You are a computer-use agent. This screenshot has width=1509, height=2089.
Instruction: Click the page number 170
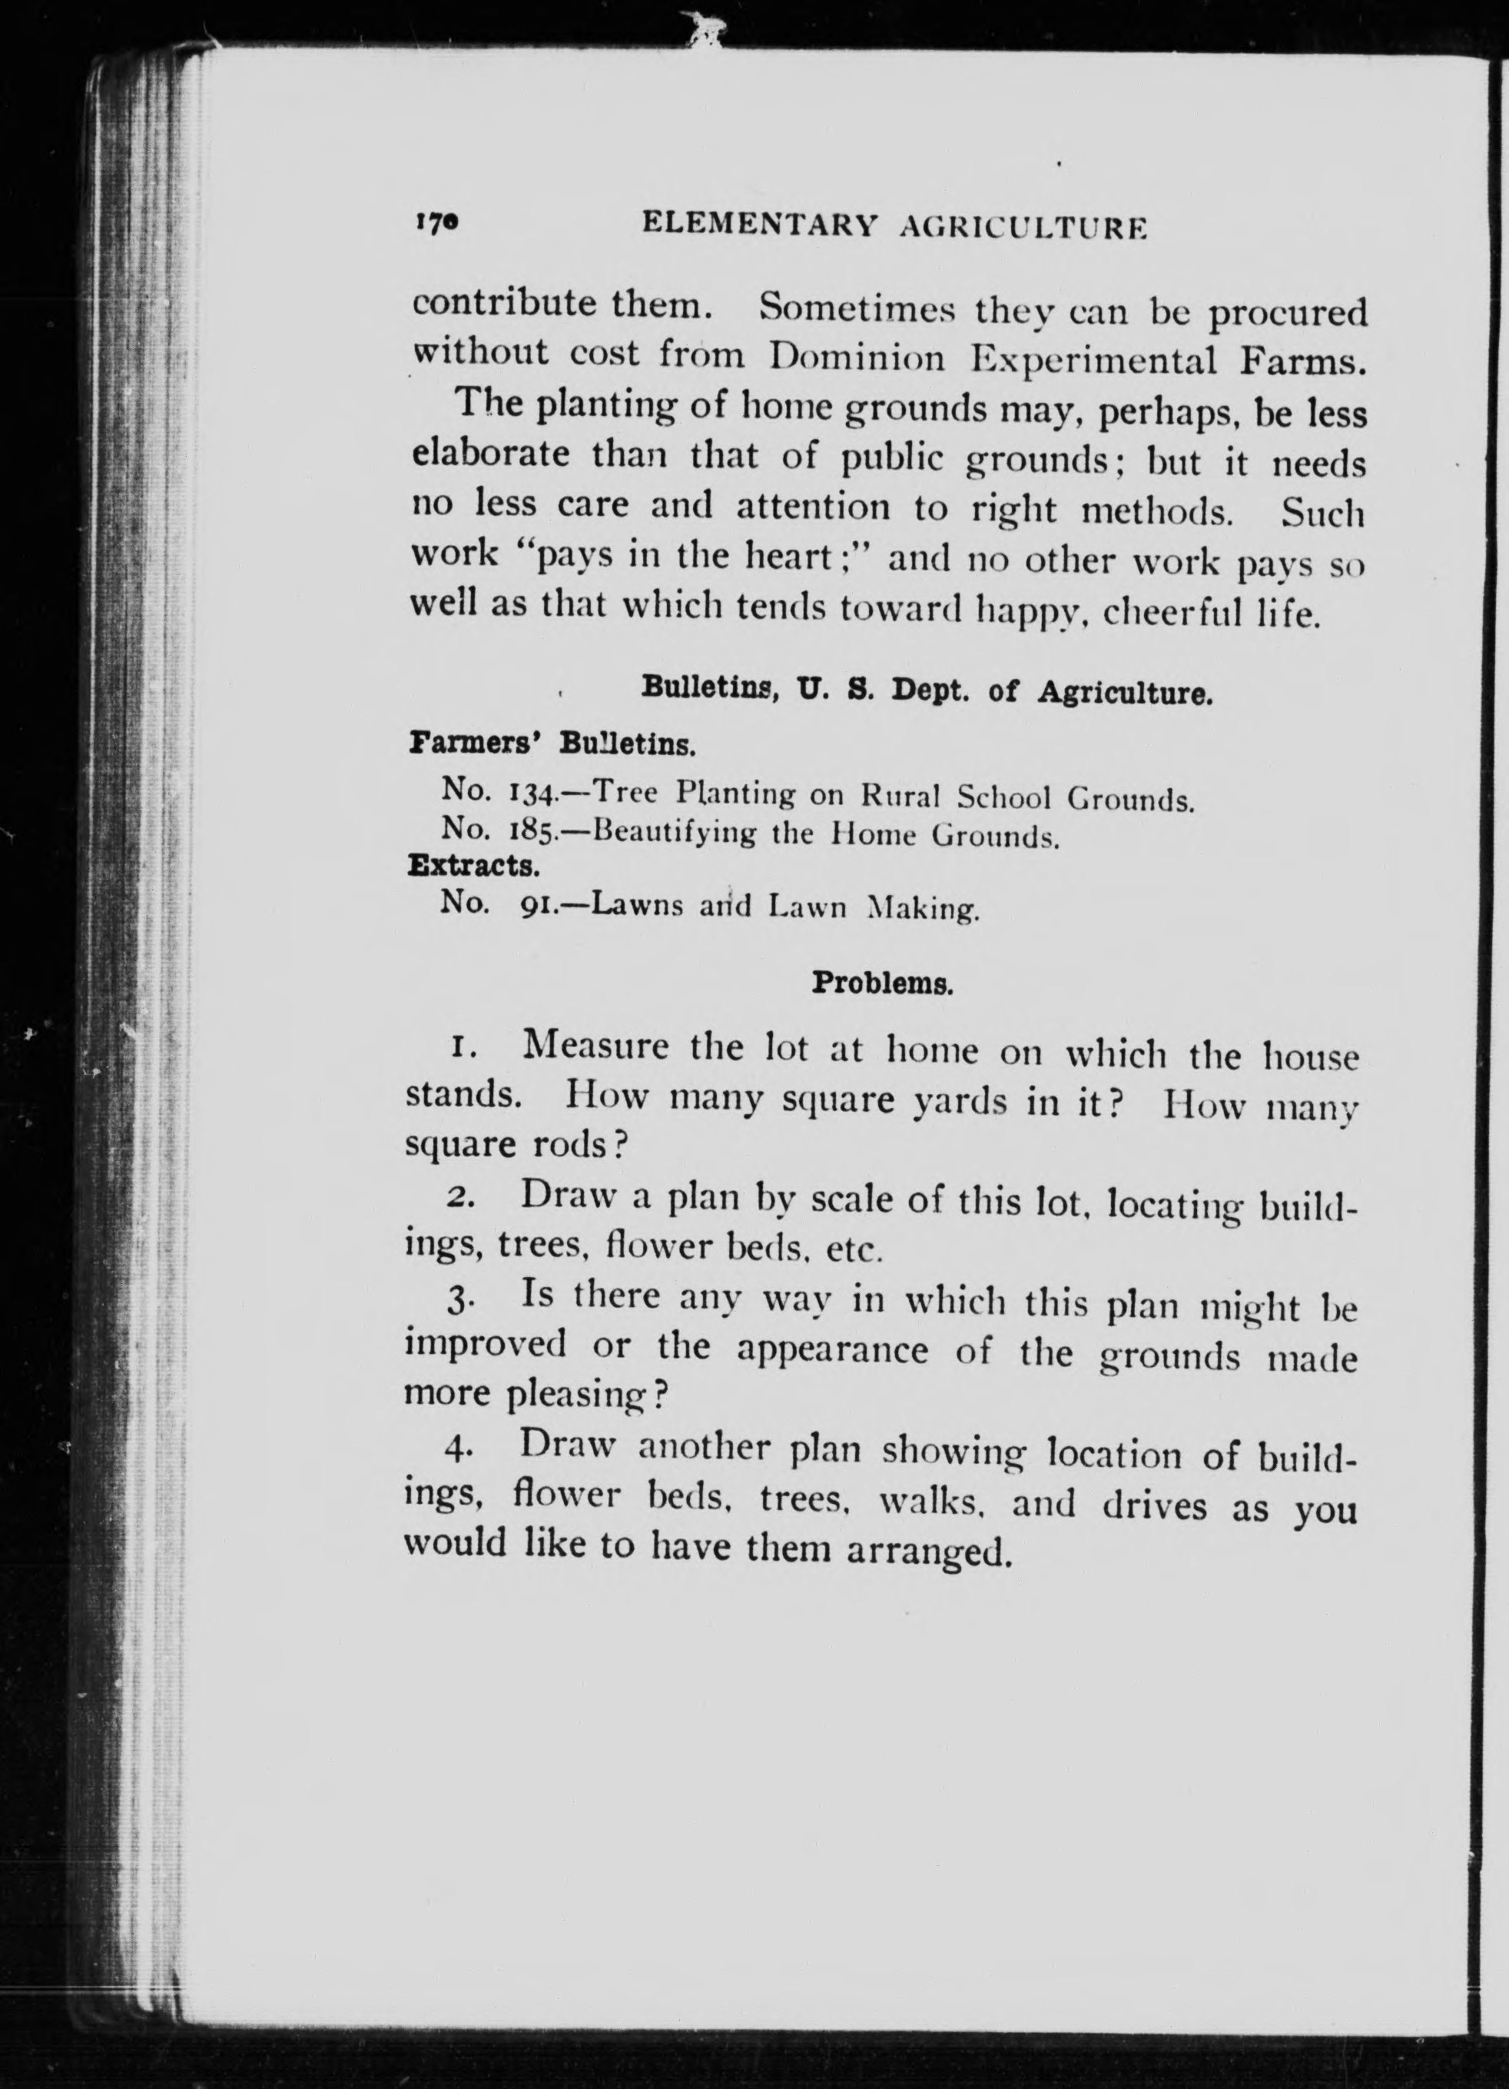[x=436, y=222]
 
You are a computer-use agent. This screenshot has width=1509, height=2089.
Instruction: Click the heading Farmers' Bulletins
[x=552, y=743]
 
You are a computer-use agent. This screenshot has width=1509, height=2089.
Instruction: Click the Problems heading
[x=881, y=983]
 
